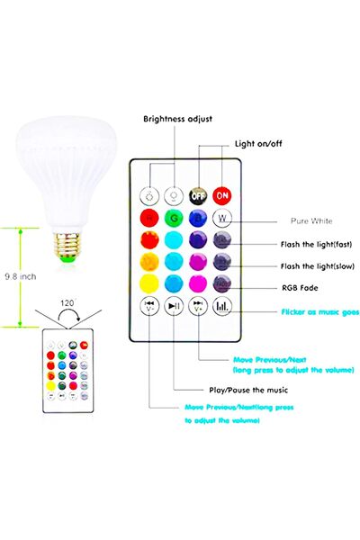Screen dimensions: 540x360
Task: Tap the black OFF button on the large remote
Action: coord(198,193)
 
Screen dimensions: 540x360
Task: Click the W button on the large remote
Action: coord(222,219)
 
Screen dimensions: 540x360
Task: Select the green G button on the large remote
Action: coord(174,219)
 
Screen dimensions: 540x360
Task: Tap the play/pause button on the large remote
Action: coord(174,307)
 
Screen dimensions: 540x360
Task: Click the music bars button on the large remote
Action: coord(222,307)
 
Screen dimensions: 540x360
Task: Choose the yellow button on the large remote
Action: coord(148,285)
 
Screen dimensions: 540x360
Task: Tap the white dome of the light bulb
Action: coord(67,171)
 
